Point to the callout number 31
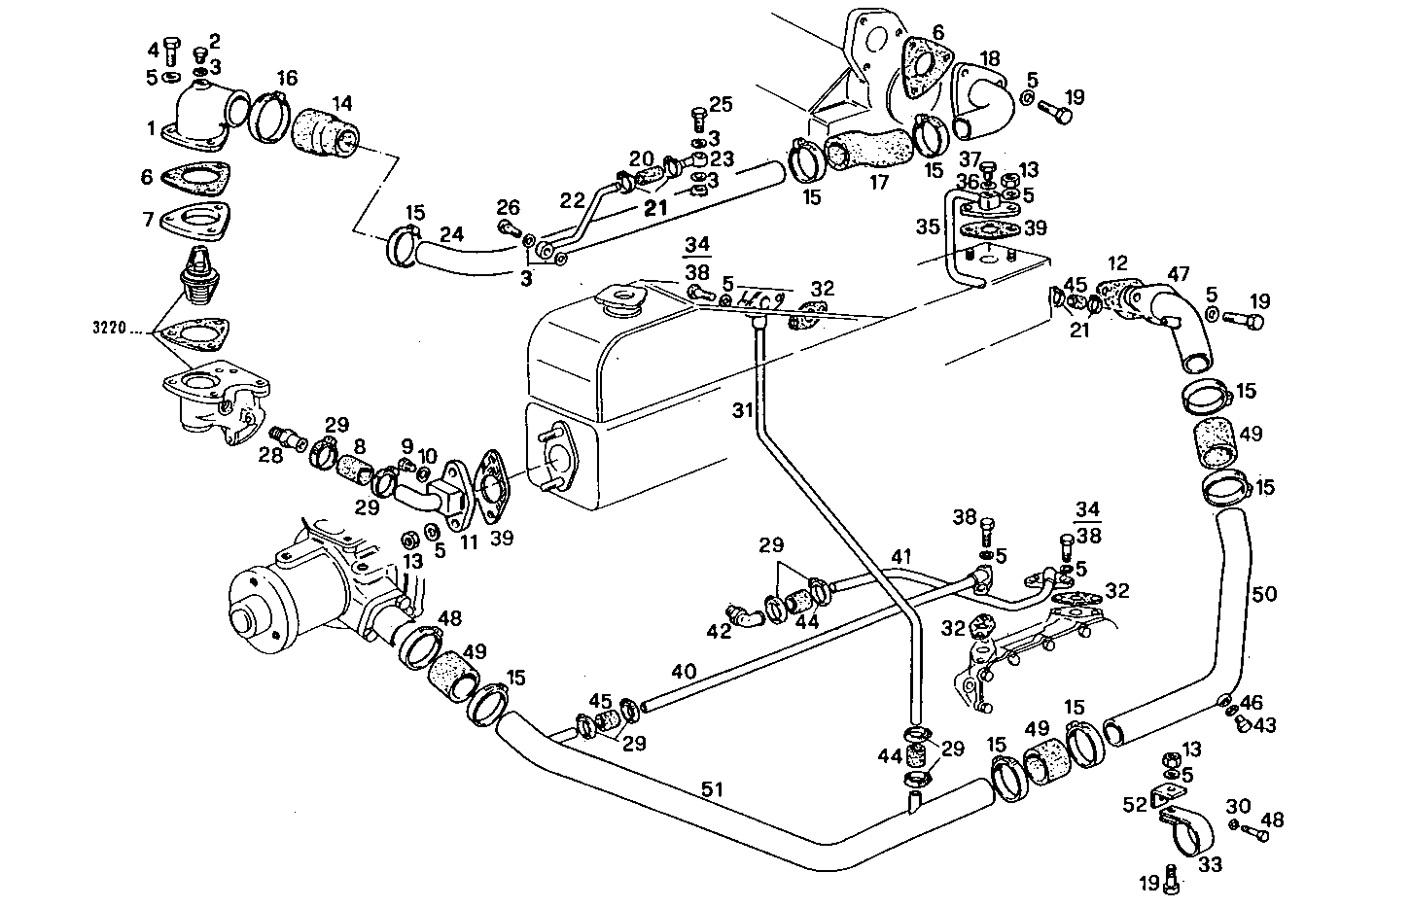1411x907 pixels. (x=744, y=411)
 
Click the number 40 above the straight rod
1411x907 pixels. (x=684, y=671)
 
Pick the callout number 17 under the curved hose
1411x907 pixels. (x=880, y=181)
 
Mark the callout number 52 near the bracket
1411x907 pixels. (x=1134, y=804)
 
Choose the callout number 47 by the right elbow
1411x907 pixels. (x=1179, y=275)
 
